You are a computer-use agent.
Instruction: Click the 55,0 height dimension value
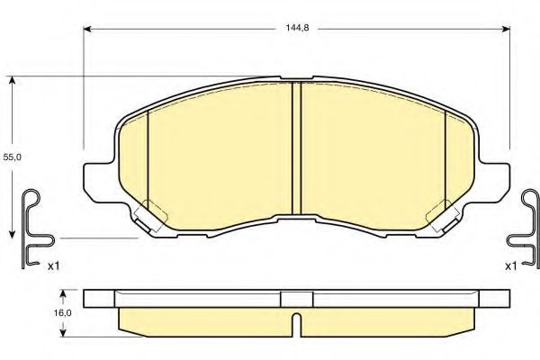[11, 157]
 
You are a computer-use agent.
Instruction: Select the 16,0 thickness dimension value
[61, 313]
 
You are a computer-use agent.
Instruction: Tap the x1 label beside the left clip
[52, 266]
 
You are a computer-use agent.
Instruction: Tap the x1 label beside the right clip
[510, 266]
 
